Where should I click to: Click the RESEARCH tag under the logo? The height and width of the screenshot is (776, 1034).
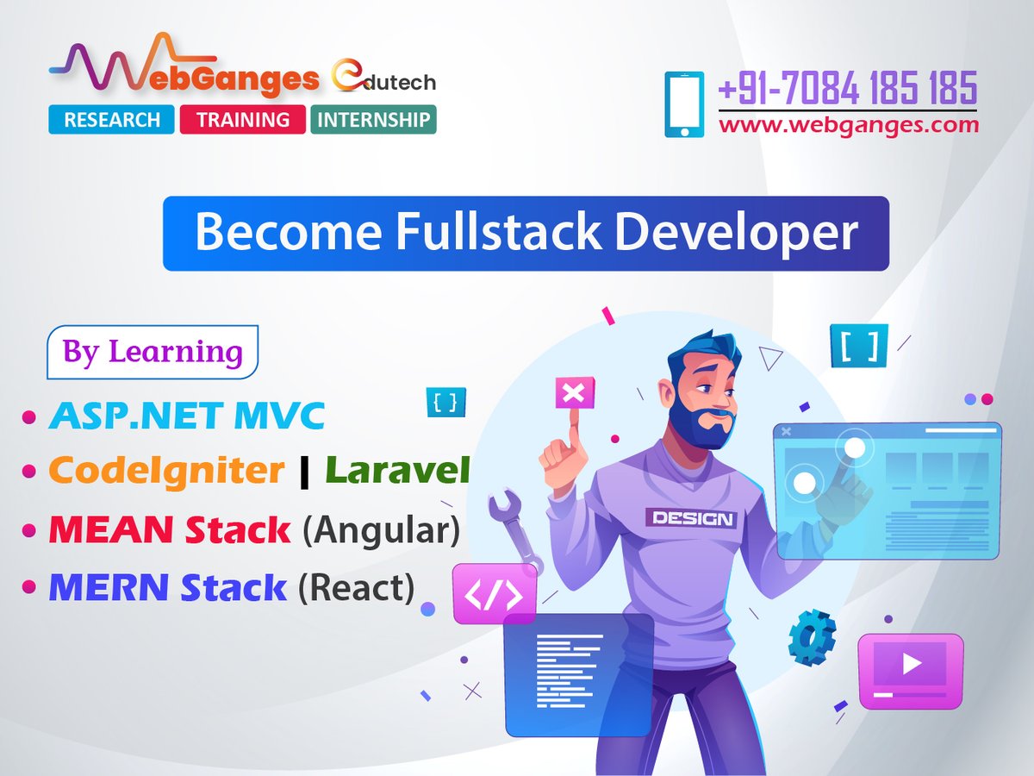tap(112, 120)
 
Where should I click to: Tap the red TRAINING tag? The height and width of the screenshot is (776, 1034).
tap(243, 120)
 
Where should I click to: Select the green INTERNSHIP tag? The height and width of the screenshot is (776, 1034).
tap(373, 120)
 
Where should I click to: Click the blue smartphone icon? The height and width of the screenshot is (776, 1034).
tap(684, 104)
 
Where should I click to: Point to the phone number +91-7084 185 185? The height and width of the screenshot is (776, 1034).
tap(848, 88)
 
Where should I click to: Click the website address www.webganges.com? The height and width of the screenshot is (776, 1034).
tap(849, 125)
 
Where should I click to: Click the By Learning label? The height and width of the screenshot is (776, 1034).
tap(153, 352)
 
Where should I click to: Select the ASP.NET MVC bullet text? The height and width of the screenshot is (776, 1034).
tap(186, 416)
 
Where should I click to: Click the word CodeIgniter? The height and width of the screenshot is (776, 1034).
tap(166, 471)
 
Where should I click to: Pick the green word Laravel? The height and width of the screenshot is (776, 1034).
tap(397, 471)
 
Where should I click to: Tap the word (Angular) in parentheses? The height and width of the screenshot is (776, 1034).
tap(381, 529)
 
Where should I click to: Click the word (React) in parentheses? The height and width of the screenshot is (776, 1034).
tap(356, 587)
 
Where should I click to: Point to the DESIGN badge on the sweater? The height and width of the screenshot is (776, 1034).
tap(693, 518)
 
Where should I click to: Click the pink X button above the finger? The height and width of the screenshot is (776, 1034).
tap(573, 395)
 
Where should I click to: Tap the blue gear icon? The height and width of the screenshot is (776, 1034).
tap(811, 636)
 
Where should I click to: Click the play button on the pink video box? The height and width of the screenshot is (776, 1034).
tap(912, 664)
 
